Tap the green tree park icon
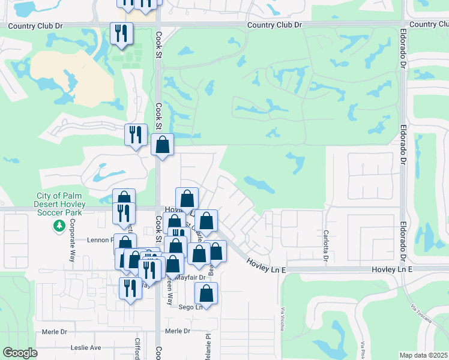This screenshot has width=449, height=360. pyautogui.click(x=59, y=226)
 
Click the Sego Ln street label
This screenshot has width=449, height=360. pyautogui.click(x=188, y=307)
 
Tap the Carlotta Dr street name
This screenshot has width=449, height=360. pyautogui.click(x=325, y=245)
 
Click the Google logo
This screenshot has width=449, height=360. pyautogui.click(x=20, y=353)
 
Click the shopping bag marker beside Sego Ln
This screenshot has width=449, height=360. pyautogui.click(x=206, y=294)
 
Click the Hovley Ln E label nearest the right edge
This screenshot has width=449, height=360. pyautogui.click(x=393, y=271)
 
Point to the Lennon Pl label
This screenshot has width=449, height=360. pyautogui.click(x=100, y=239)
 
